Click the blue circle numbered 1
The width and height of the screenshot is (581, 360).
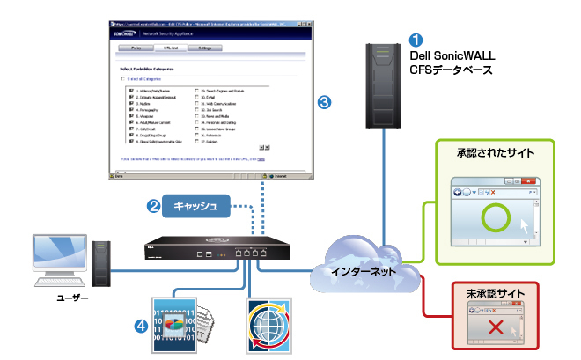pos(416,40)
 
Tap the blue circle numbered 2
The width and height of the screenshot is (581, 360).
pos(153,207)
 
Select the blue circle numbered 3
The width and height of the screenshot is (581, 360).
pos(325,103)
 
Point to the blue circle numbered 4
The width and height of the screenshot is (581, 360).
pos(141,325)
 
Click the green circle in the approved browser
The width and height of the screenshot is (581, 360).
pos(493,217)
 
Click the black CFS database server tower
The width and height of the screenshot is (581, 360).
pos(381,86)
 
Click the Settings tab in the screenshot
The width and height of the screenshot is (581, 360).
pos(204,49)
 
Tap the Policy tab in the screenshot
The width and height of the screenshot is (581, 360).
pos(136,49)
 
